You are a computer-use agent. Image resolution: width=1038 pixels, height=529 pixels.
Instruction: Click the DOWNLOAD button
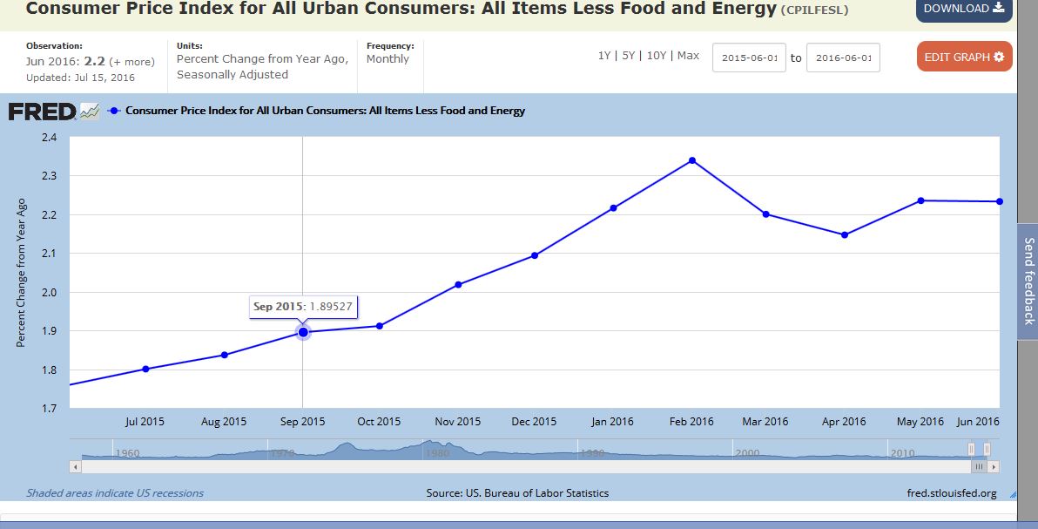(x=963, y=9)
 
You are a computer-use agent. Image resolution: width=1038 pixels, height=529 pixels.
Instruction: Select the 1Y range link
(x=604, y=55)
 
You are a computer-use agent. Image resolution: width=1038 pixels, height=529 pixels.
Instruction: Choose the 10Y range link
(x=657, y=55)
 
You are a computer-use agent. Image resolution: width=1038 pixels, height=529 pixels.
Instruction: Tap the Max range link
(x=688, y=55)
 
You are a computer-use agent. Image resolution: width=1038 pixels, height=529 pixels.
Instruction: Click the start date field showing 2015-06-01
(x=749, y=58)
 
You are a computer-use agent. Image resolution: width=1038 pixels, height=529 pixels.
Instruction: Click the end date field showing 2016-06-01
(x=843, y=58)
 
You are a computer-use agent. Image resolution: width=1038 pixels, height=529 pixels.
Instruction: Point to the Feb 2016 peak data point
(x=692, y=160)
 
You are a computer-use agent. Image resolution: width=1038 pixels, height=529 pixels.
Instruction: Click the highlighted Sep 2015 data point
(x=303, y=332)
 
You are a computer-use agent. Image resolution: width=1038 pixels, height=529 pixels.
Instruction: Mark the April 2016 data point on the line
(x=845, y=234)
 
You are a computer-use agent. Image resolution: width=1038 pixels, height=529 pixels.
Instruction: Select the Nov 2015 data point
(x=458, y=285)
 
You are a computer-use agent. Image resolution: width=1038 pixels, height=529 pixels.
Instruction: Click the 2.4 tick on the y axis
(x=48, y=138)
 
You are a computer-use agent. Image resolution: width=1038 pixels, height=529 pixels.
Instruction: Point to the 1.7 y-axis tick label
(x=48, y=408)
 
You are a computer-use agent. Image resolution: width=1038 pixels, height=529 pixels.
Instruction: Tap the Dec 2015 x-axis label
(x=534, y=422)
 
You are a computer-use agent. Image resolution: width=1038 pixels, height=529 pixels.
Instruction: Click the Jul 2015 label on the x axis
(x=145, y=422)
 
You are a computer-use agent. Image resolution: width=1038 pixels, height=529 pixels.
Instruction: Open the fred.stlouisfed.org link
(x=952, y=493)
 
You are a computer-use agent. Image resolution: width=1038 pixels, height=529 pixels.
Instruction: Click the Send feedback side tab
(x=1028, y=281)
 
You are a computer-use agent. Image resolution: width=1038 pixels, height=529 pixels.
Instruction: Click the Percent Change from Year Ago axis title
(x=22, y=272)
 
